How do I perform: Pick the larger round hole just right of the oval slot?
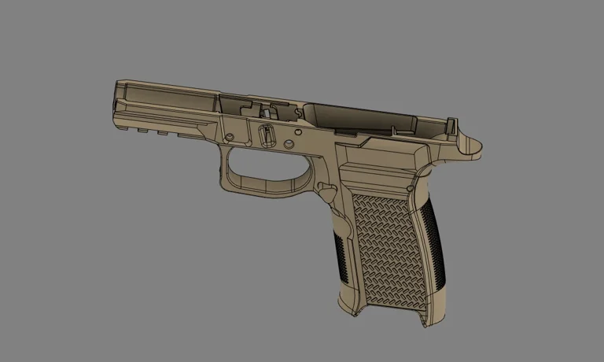[289, 144]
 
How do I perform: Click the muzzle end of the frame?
[118, 102]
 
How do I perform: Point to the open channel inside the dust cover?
[165, 99]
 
